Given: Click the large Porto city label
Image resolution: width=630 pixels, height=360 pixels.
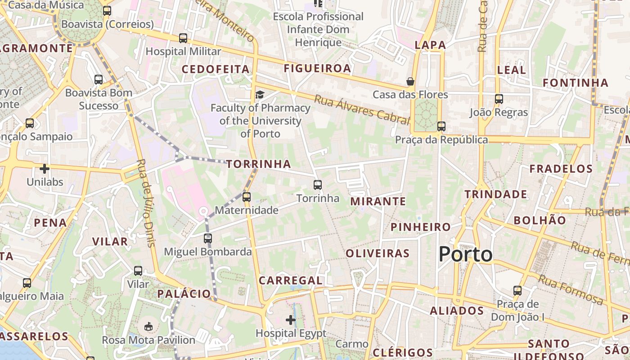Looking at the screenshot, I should pyautogui.click(x=465, y=254).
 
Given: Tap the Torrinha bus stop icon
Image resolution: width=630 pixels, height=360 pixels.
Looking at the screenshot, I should pyautogui.click(x=318, y=184).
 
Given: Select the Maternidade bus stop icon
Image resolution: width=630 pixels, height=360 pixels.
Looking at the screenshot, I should pyautogui.click(x=246, y=197).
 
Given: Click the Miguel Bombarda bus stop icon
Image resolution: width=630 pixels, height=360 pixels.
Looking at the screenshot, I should pyautogui.click(x=207, y=238).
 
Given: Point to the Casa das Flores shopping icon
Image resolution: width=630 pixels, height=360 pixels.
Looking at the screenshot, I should pyautogui.click(x=410, y=81).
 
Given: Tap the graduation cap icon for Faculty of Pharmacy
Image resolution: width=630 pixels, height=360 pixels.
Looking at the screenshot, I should pyautogui.click(x=260, y=94).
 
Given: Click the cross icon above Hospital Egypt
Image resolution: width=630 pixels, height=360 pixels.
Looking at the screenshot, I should pyautogui.click(x=291, y=320).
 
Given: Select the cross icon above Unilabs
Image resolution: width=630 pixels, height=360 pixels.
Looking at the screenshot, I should pyautogui.click(x=44, y=169).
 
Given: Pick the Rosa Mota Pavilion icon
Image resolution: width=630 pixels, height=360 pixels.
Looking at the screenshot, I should pyautogui.click(x=148, y=326).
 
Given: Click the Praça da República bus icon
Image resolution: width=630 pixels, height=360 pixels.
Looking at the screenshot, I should pyautogui.click(x=441, y=126).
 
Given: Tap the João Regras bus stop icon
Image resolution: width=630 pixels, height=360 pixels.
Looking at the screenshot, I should pyautogui.click(x=499, y=99).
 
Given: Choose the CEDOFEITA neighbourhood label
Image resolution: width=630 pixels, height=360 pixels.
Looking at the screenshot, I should pyautogui.click(x=215, y=69).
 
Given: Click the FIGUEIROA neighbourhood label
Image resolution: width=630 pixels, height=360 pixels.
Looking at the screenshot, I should pyautogui.click(x=317, y=68).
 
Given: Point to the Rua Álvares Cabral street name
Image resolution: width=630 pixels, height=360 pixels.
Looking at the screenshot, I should pyautogui.click(x=362, y=109).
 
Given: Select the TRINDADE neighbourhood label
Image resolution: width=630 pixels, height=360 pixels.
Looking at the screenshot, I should pyautogui.click(x=495, y=194).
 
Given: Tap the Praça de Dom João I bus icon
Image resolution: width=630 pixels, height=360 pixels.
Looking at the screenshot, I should pyautogui.click(x=517, y=291).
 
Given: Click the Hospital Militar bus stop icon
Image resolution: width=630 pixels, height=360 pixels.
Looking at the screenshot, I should pyautogui.click(x=183, y=38).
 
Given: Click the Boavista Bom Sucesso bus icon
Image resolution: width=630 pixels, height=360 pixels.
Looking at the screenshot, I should pyautogui.click(x=99, y=80).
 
